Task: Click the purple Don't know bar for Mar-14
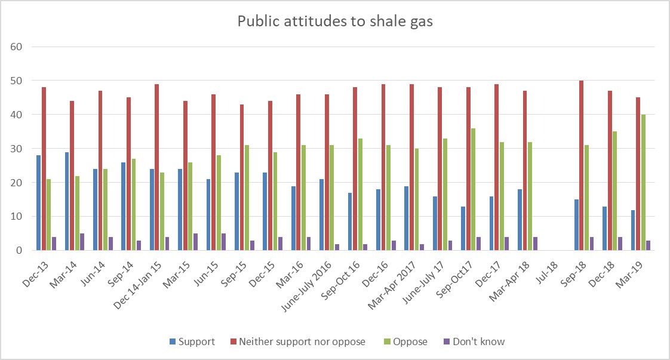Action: point(82,242)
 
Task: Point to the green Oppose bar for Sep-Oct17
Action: point(473,189)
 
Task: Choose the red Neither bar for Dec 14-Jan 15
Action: point(157,167)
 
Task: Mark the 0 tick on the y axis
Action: point(19,251)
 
